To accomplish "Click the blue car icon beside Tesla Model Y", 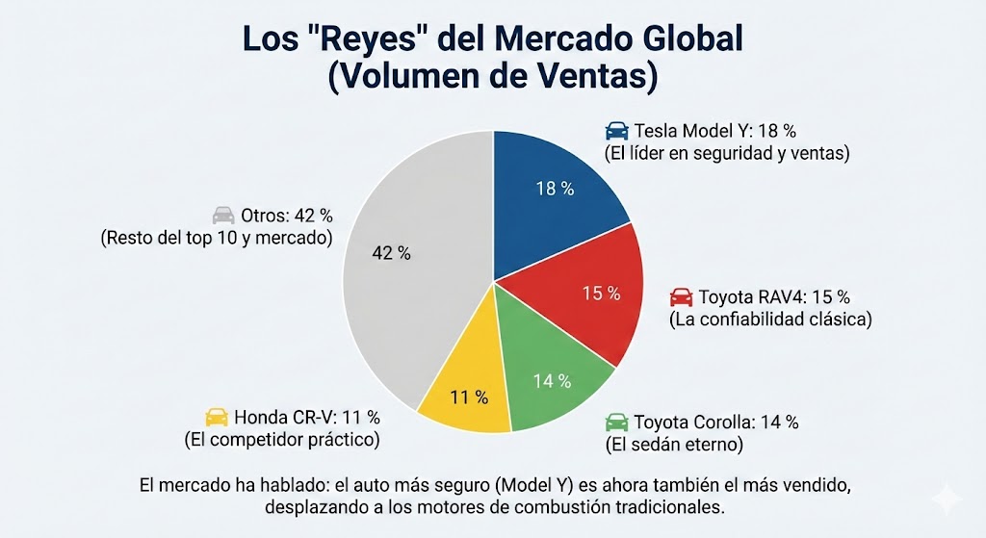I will [x=616, y=132].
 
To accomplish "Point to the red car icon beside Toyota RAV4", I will [x=681, y=296].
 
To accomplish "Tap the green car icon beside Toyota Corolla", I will [x=616, y=423].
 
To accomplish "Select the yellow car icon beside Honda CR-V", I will [x=217, y=417].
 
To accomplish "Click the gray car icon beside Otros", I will [x=223, y=215].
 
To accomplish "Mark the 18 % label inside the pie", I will [x=555, y=189].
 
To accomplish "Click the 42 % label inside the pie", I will [x=391, y=253].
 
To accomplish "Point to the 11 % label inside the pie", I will [x=468, y=397].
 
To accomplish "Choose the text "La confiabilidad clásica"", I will [x=770, y=319].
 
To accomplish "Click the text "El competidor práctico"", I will [x=281, y=440].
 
